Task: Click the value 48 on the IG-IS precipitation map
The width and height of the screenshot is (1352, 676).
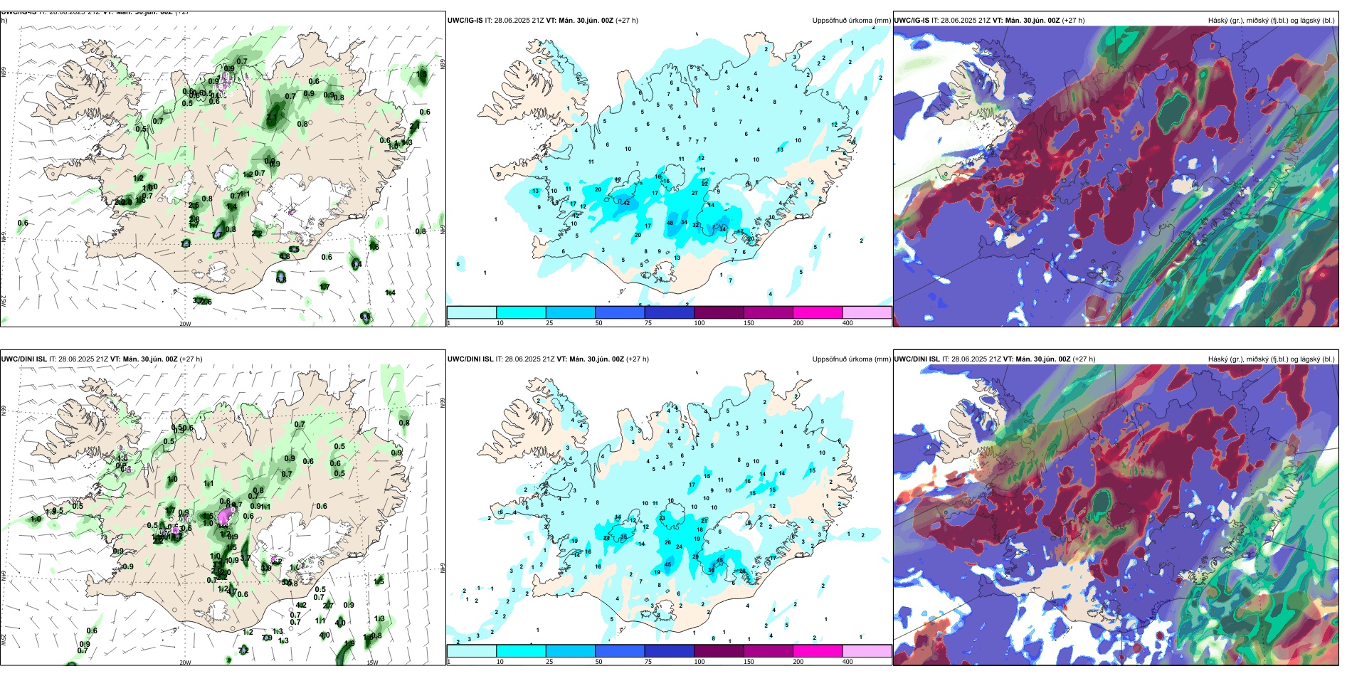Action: tap(670, 223)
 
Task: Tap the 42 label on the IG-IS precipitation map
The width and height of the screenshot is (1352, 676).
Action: tap(626, 203)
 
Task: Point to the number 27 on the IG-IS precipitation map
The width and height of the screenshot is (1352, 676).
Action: tap(695, 193)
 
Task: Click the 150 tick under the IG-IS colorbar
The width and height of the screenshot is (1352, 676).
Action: tap(749, 323)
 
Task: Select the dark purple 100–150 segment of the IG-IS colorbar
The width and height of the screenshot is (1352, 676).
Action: tap(719, 312)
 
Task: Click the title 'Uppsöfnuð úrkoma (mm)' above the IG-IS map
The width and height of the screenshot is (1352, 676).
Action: tap(851, 21)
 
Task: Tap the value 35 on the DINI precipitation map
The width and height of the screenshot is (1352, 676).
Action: tap(624, 537)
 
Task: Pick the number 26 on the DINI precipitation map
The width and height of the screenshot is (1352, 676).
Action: tap(667, 542)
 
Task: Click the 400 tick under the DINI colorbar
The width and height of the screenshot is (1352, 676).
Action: tap(847, 662)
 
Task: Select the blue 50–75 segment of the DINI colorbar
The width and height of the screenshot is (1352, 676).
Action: tap(620, 651)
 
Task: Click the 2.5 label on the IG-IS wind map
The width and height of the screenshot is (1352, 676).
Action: tap(194, 206)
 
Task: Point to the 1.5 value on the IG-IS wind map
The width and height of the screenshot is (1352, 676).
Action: tap(139, 201)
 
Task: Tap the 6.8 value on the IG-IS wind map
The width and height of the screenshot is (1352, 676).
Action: tap(281, 279)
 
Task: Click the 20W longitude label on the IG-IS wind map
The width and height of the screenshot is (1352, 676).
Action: tap(185, 324)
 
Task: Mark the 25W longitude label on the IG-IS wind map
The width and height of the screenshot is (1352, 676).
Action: tap(4, 300)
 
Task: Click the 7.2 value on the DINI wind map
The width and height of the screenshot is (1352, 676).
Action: tap(243, 650)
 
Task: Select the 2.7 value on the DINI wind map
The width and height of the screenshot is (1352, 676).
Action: tap(328, 606)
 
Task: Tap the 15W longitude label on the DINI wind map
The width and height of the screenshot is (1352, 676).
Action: tap(372, 662)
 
